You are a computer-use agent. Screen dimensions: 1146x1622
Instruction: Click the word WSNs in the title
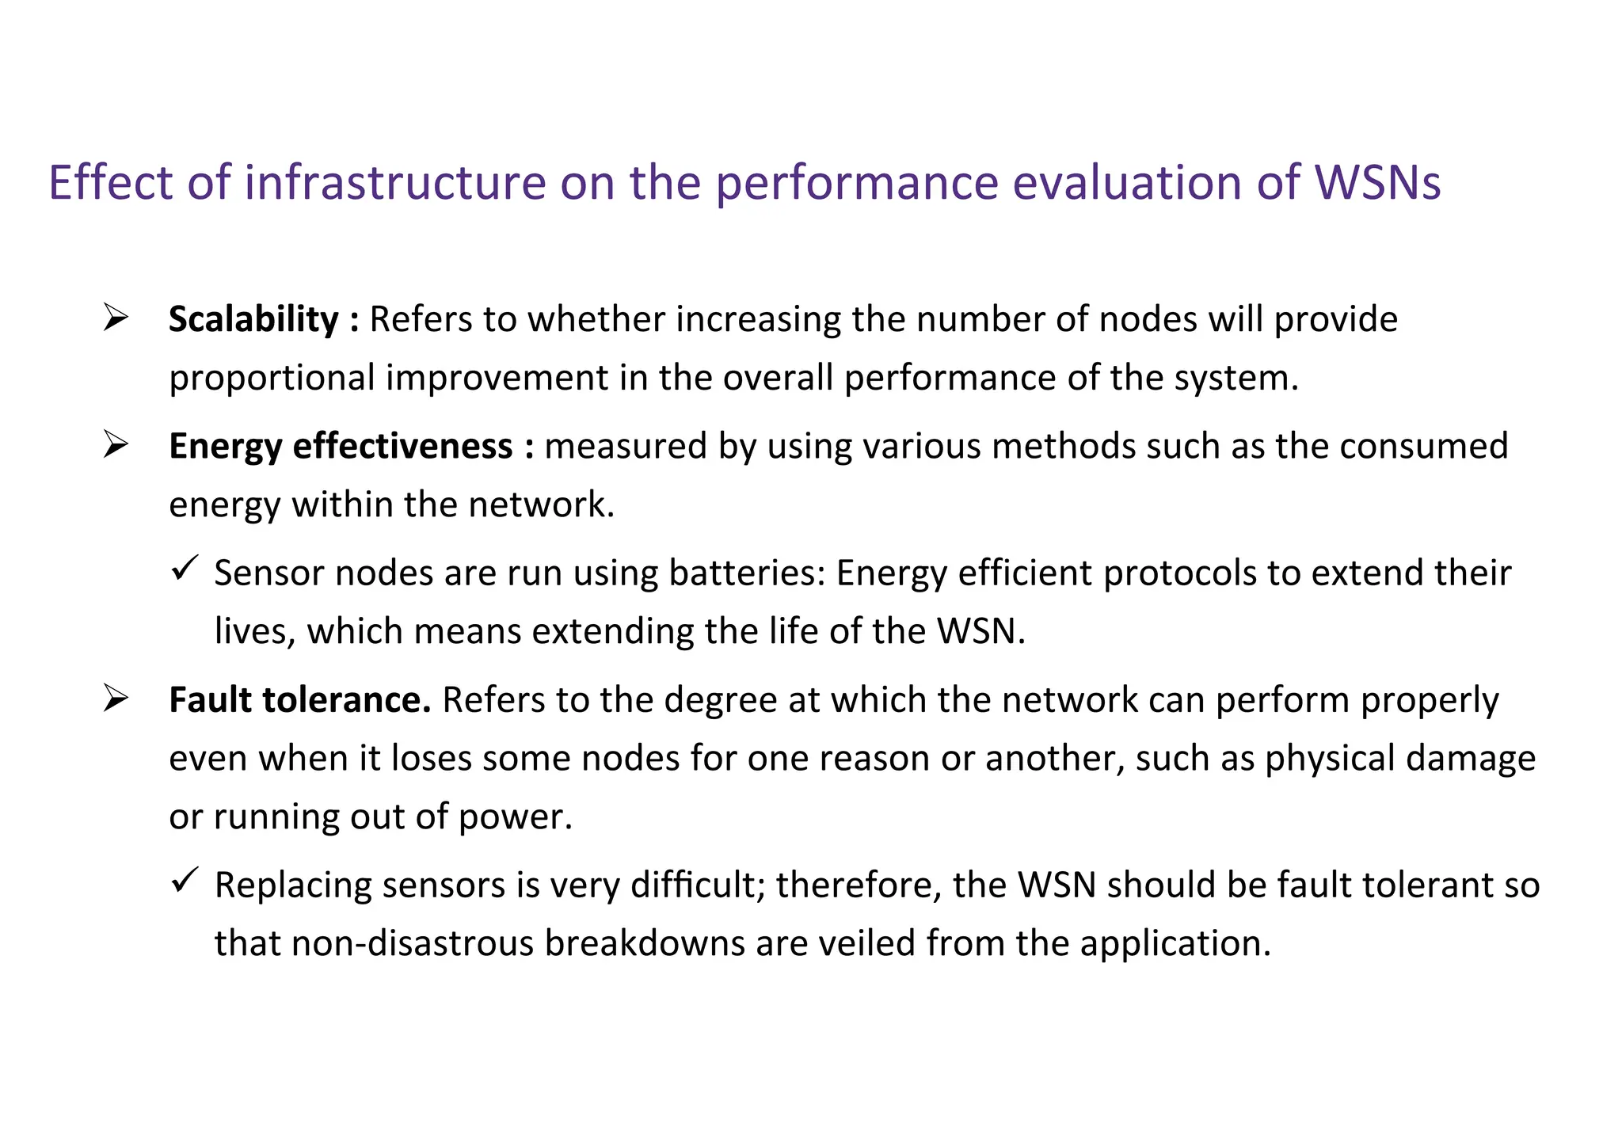pyautogui.click(x=1377, y=183)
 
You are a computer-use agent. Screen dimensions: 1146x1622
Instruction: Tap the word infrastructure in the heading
pyautogui.click(x=394, y=183)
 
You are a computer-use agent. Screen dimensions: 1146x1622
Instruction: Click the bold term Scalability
pyautogui.click(x=253, y=320)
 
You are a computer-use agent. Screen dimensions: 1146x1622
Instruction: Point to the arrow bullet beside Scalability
pyautogui.click(x=116, y=318)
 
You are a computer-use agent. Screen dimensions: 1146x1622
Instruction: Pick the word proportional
pyautogui.click(x=272, y=379)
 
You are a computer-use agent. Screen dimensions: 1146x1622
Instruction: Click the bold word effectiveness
pyautogui.click(x=402, y=447)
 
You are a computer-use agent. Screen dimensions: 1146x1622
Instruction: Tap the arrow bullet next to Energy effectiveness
pyautogui.click(x=116, y=445)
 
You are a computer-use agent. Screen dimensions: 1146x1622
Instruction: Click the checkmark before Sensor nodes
pyautogui.click(x=184, y=569)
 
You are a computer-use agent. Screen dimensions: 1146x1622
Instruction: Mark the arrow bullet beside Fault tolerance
pyautogui.click(x=116, y=699)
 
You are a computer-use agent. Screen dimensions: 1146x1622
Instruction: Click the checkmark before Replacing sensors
pyautogui.click(x=184, y=881)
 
